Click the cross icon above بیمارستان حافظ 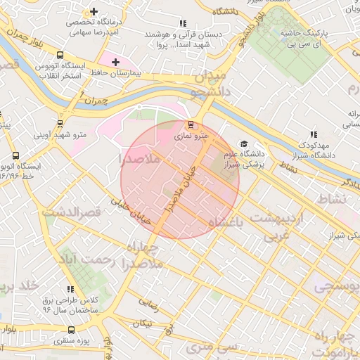click(116, 62)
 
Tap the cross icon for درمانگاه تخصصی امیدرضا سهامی click(94, 11)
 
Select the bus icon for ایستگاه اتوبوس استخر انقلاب click(60, 55)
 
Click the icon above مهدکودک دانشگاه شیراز click(313, 134)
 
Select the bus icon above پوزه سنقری click(71, 329)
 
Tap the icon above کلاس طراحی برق click(70, 289)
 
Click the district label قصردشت click(72, 211)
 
